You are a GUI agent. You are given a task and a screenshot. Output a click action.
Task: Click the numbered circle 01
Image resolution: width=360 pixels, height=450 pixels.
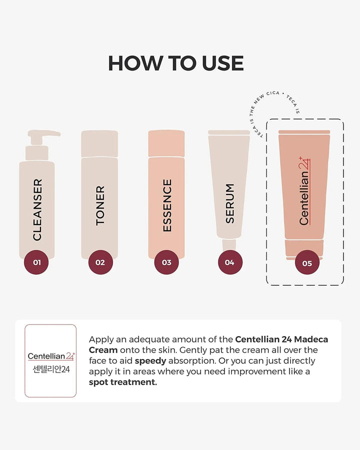point(36,262)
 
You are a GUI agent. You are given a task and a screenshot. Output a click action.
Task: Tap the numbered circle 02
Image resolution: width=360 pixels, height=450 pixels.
point(100,262)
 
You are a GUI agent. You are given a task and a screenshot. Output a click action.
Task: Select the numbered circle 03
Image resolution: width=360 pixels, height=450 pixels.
point(166,262)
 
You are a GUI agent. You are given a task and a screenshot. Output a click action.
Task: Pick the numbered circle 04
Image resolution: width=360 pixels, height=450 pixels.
point(230,262)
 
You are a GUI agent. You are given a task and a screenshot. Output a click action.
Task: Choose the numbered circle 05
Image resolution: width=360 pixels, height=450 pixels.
point(307,262)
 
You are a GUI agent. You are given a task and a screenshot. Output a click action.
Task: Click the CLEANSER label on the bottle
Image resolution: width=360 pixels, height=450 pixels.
point(37,209)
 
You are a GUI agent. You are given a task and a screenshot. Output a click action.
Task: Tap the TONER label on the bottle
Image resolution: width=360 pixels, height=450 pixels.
point(100,205)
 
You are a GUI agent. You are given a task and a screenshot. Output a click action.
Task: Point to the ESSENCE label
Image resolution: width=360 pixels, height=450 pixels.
point(167,205)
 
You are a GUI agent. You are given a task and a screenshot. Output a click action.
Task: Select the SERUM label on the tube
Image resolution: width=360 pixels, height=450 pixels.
point(230,203)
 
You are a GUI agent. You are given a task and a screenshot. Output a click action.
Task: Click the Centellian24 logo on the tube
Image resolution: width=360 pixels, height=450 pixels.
point(304,191)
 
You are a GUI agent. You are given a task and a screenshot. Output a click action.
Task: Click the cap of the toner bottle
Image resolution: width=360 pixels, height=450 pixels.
point(99,144)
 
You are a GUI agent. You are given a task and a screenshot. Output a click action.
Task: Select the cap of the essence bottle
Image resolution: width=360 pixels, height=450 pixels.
point(166,143)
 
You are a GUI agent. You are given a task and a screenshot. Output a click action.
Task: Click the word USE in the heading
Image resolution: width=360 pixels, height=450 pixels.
point(223,63)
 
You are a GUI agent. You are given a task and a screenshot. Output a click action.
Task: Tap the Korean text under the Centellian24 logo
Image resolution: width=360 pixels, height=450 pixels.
point(51,369)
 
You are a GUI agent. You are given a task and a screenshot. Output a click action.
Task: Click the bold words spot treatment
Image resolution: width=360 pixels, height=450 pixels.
point(123,382)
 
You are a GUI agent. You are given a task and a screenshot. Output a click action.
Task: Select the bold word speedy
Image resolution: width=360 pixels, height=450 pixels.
point(150,361)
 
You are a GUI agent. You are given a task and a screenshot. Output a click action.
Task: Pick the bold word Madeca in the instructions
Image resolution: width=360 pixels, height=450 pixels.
point(311,339)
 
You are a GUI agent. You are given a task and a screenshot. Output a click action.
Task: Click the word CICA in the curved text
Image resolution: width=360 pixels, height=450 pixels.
point(273,93)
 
